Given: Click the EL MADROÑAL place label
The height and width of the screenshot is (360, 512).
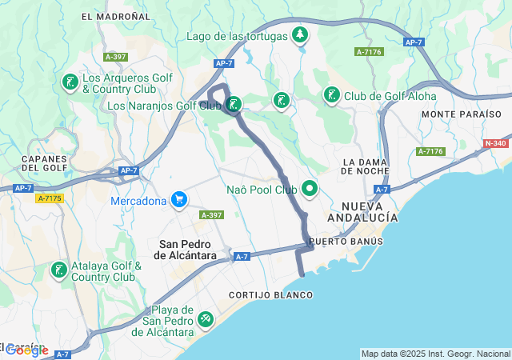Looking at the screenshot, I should click(x=116, y=16).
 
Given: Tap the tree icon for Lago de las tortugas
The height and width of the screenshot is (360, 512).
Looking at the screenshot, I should click(x=300, y=34).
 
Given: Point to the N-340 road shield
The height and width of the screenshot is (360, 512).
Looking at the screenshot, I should click(x=495, y=144).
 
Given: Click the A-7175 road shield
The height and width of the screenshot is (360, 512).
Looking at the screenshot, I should click(x=50, y=197).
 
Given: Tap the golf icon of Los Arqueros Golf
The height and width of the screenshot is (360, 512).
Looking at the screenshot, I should click(x=70, y=82).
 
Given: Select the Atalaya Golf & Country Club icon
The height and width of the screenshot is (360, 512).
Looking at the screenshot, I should click(x=58, y=270).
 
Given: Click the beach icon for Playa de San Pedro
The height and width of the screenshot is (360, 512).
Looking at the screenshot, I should click(x=206, y=320).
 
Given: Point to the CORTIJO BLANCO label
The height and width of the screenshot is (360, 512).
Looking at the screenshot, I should click(x=270, y=295).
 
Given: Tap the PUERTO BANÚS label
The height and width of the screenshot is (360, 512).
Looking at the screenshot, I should click(x=346, y=241).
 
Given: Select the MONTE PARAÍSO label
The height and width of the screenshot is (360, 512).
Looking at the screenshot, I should click(x=462, y=114).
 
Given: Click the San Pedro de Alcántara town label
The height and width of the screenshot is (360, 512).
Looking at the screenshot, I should click(x=188, y=249).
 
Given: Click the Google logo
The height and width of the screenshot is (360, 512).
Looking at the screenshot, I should click(x=26, y=350).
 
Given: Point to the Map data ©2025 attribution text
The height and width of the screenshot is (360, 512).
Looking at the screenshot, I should click(x=435, y=354).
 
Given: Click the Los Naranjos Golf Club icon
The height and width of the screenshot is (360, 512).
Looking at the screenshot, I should click(x=234, y=104).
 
